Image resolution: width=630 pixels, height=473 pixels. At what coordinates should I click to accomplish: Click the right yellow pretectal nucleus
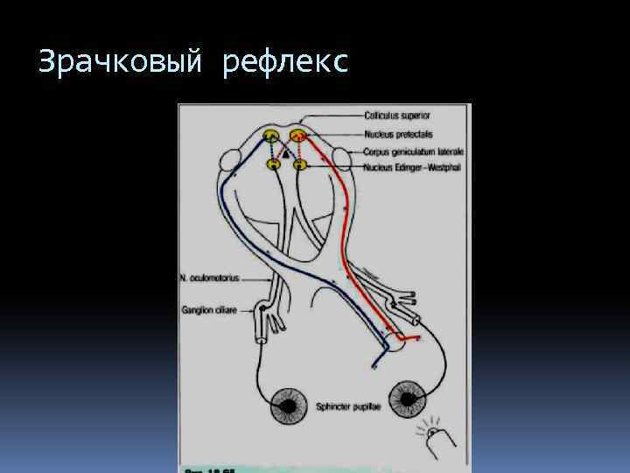pyautogui.click(x=298, y=136)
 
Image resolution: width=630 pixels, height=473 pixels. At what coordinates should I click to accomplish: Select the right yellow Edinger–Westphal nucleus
pyautogui.click(x=299, y=164)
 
